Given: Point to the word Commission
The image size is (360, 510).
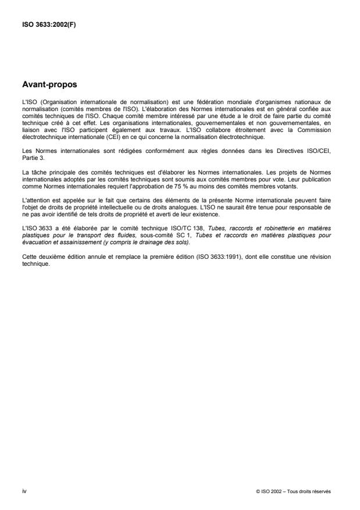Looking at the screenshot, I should tap(315, 130).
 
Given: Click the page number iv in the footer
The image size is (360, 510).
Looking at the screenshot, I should tap(24, 491).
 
